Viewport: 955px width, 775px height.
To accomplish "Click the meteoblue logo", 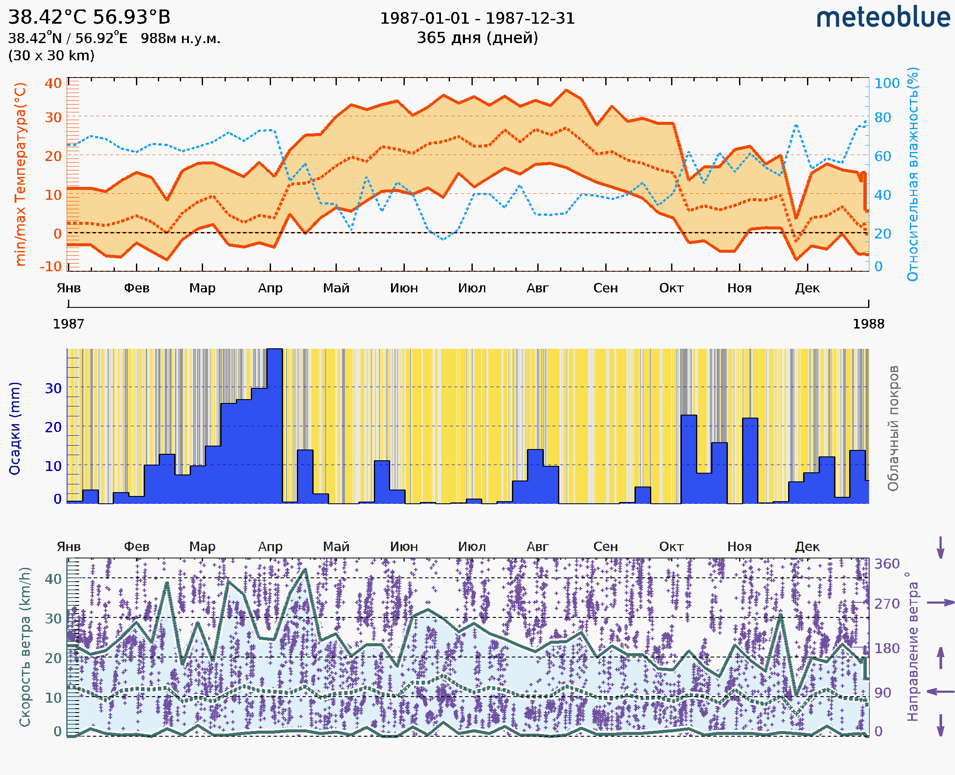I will (x=883, y=18).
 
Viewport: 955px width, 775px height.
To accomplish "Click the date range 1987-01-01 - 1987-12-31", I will (x=477, y=19).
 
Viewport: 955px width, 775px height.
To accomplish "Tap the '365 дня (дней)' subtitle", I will (x=477, y=37).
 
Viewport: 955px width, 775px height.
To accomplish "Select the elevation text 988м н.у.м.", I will (x=180, y=38).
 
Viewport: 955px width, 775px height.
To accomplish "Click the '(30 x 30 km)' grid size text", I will (x=51, y=56).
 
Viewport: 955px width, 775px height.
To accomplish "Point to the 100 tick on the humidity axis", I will (x=887, y=84).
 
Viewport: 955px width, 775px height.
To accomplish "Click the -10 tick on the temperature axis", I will (x=51, y=267).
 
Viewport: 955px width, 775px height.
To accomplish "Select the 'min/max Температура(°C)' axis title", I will (x=21, y=174).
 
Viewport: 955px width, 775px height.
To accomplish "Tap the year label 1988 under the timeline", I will (x=869, y=324).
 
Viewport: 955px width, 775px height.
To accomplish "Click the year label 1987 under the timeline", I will (x=68, y=324).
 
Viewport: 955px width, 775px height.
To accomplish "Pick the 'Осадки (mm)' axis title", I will (x=15, y=428).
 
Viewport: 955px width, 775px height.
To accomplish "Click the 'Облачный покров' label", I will (x=893, y=428).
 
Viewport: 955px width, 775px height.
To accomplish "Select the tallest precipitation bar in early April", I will (x=274, y=426).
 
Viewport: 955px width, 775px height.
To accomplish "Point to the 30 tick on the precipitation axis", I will (x=53, y=388).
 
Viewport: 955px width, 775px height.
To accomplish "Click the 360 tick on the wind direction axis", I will (x=887, y=564).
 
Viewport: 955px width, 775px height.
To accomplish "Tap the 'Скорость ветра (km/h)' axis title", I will (x=25, y=647).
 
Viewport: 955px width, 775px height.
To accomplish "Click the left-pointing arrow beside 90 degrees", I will (x=940, y=692).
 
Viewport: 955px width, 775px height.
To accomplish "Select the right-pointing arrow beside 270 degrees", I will (x=940, y=603).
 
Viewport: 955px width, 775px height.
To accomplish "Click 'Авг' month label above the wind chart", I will (x=537, y=547).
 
